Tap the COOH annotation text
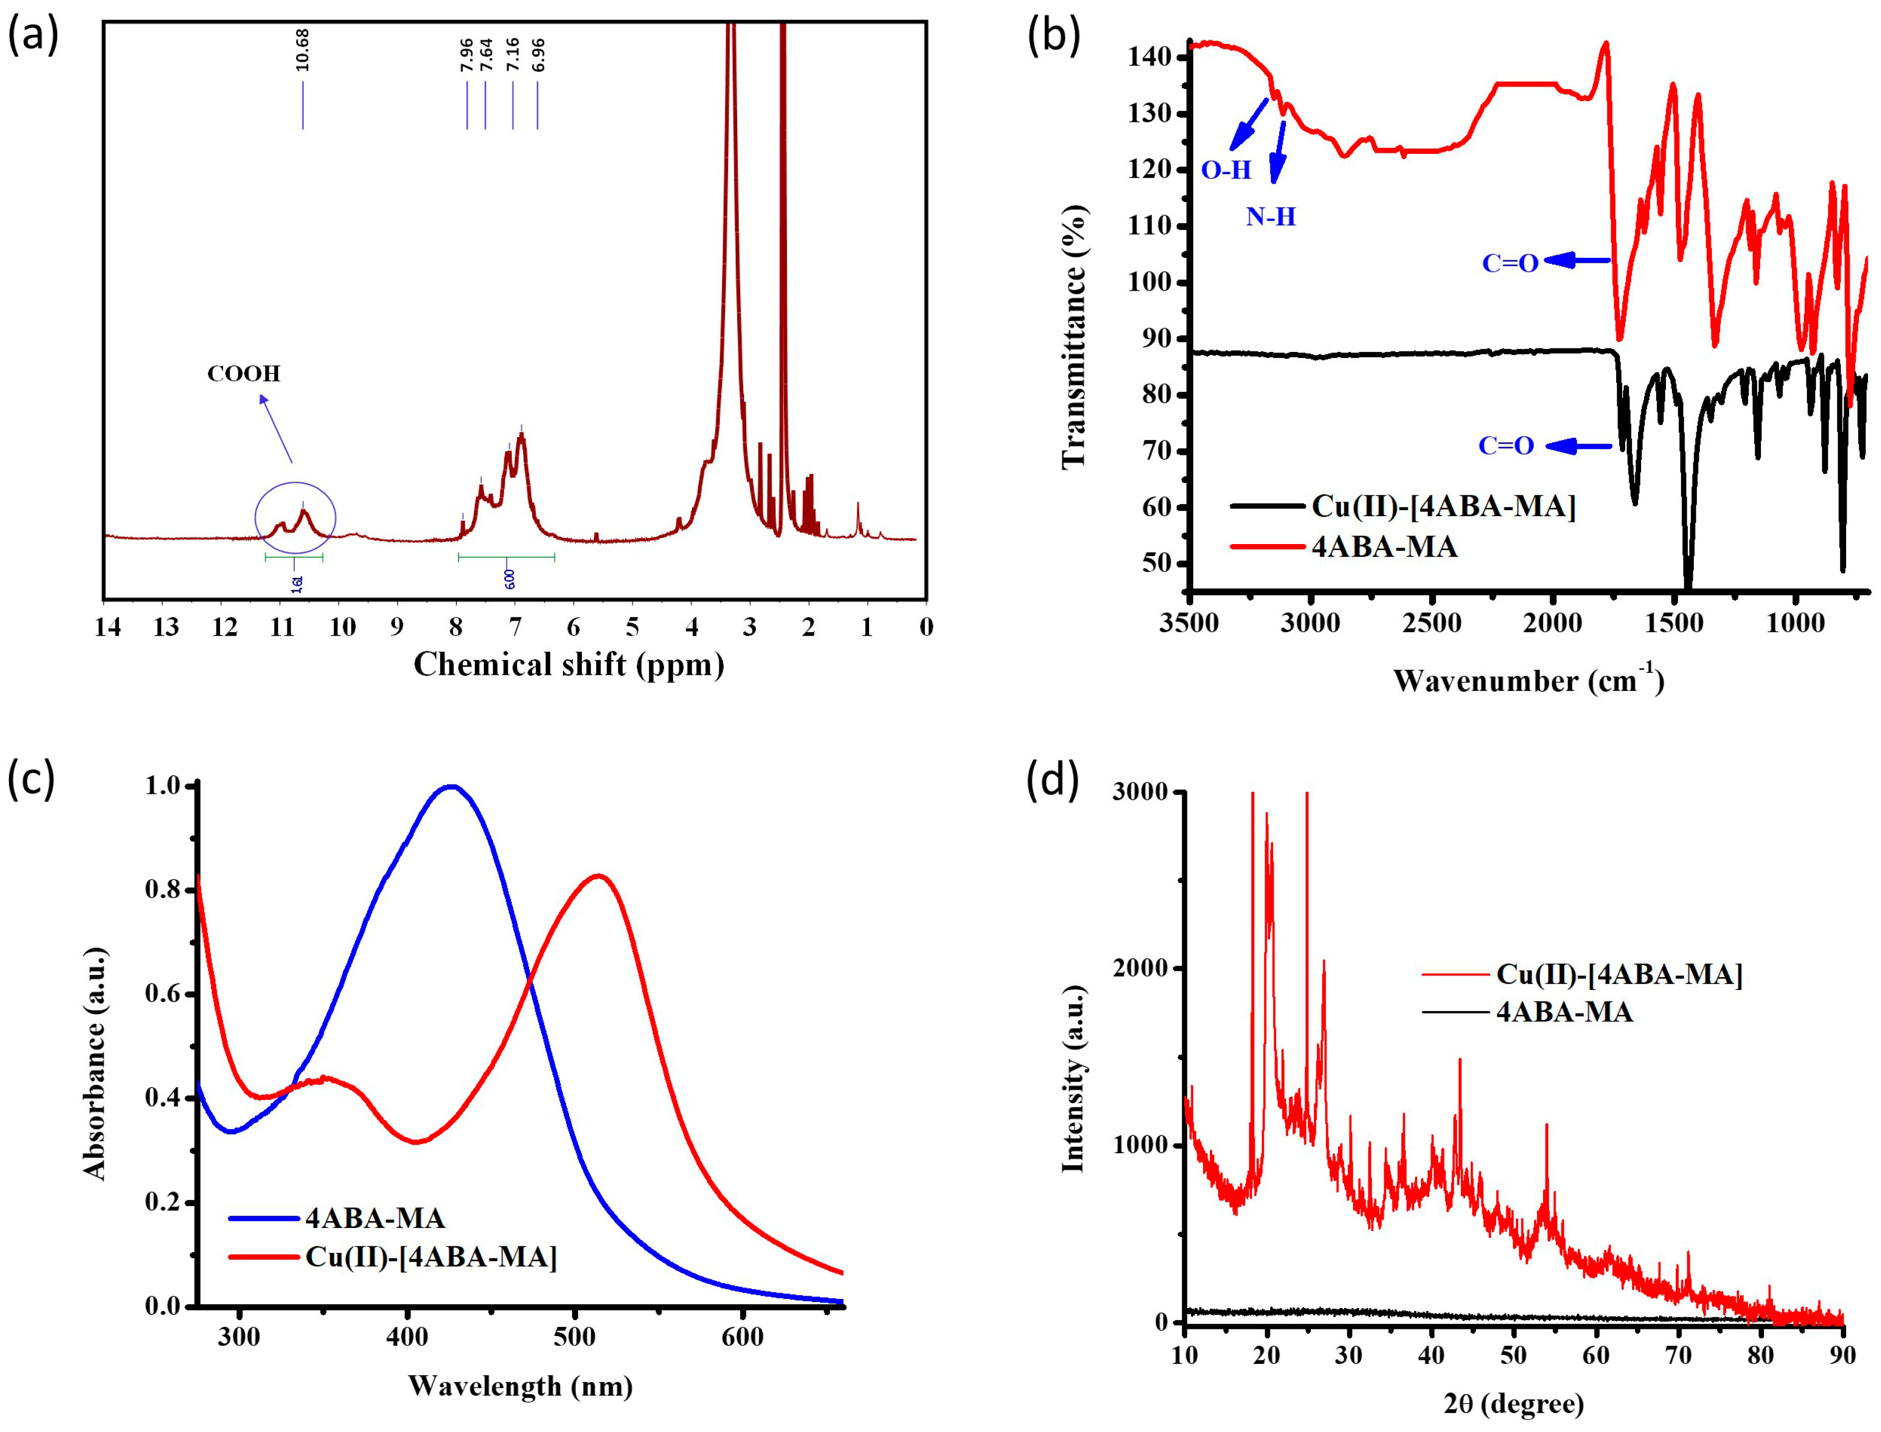click(244, 373)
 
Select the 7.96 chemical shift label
click(466, 55)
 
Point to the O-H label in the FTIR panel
click(1225, 170)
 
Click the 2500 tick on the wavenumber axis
click(1432, 623)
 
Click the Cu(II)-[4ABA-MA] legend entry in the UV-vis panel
click(431, 1257)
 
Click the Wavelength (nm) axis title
click(520, 1385)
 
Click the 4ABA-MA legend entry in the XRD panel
click(1564, 1012)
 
